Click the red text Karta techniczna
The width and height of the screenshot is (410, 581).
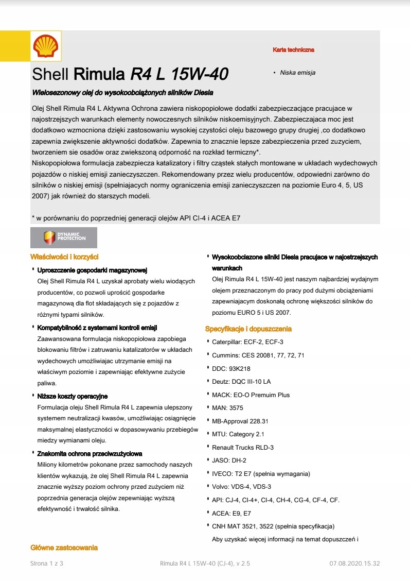tap(293, 50)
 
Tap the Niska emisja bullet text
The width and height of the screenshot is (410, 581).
tap(297, 73)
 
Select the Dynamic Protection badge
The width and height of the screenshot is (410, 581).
tap(64, 237)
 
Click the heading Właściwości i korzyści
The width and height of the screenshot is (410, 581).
tap(64, 257)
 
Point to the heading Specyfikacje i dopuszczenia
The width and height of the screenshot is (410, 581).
tap(248, 329)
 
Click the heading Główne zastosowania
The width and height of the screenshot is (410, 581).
tap(64, 548)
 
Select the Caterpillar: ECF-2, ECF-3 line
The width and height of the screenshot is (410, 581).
tap(247, 342)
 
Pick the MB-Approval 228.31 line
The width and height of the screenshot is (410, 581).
tap(240, 421)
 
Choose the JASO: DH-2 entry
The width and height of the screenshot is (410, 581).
tap(229, 460)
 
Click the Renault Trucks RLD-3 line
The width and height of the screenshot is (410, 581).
tap(243, 447)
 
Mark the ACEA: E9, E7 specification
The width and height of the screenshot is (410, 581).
tap(231, 513)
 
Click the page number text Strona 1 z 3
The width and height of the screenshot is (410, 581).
tap(47, 563)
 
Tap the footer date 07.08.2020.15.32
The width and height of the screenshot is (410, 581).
tap(354, 563)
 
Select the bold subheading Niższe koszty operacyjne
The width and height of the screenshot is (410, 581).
tap(72, 396)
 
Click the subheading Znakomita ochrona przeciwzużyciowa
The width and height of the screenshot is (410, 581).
tap(90, 454)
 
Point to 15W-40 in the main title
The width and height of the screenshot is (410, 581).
tap(199, 75)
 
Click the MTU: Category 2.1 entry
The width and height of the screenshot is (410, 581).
tap(238, 434)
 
